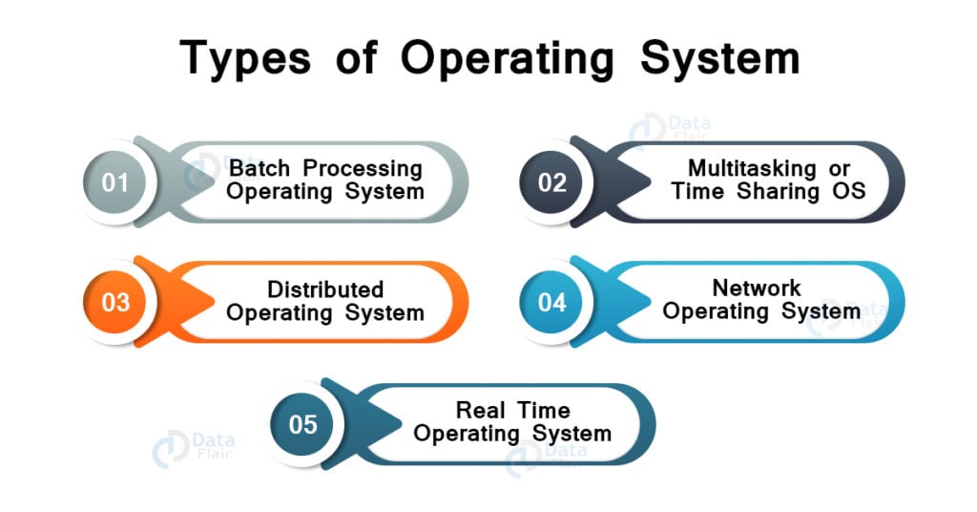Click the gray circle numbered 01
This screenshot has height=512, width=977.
[x=114, y=182]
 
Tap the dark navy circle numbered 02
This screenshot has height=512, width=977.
[x=551, y=182]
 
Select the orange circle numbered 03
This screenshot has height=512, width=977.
[x=114, y=303]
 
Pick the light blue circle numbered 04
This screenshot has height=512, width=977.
[x=551, y=303]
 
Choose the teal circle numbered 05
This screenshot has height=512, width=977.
[x=302, y=425]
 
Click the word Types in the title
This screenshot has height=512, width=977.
[x=245, y=59]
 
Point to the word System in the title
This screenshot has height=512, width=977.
[x=719, y=59]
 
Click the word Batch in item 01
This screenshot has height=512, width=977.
[x=260, y=168]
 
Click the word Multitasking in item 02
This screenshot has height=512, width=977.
[x=752, y=168]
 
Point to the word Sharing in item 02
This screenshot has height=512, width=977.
[x=778, y=192]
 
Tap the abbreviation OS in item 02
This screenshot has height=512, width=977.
[x=848, y=191]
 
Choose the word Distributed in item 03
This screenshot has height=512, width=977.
[x=325, y=289]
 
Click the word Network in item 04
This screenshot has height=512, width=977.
[x=757, y=288]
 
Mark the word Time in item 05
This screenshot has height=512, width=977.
[x=544, y=411]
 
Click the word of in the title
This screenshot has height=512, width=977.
[x=356, y=58]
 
